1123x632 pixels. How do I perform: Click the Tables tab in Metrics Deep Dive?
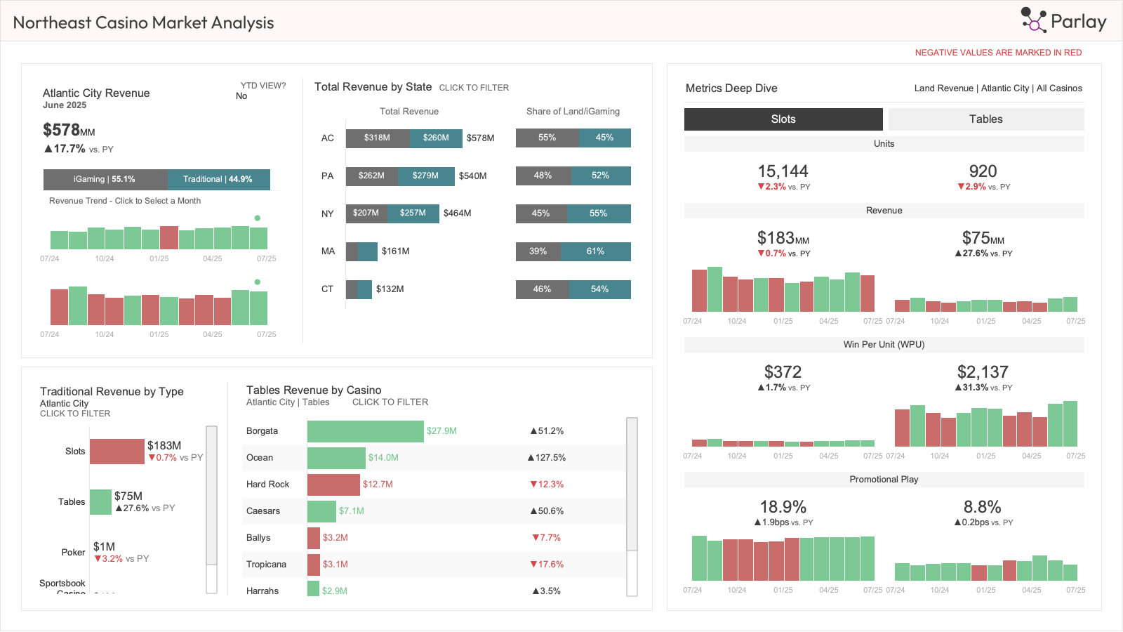[x=985, y=119]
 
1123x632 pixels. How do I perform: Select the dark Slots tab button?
[x=783, y=119]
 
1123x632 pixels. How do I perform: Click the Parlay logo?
[x=1064, y=21]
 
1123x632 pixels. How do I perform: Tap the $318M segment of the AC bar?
[x=377, y=138]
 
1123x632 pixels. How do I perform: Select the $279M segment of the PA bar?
[x=425, y=176]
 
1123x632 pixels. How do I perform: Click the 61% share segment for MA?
[x=595, y=251]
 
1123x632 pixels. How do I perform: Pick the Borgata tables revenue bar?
[x=365, y=431]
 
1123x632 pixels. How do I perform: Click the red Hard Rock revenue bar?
[x=333, y=485]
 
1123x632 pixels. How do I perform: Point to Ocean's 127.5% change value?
[x=547, y=458]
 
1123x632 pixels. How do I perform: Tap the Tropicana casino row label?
[x=266, y=565]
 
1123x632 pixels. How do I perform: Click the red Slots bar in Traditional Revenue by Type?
[x=117, y=452]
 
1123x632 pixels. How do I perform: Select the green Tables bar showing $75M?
[x=100, y=502]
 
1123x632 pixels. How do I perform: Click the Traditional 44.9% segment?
[x=218, y=180]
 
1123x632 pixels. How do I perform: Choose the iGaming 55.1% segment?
[x=105, y=180]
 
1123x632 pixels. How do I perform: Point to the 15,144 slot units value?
[x=783, y=171]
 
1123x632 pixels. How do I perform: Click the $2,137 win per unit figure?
[x=983, y=372]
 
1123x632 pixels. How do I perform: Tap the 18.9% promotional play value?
[x=783, y=507]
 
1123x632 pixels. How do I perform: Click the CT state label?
[x=327, y=289]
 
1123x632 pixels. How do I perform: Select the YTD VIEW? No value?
[x=241, y=96]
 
